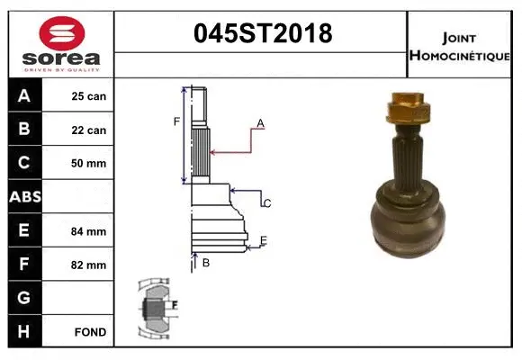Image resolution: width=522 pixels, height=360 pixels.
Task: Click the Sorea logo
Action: point(61,45)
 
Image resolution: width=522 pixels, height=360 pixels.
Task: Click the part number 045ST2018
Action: point(264,33)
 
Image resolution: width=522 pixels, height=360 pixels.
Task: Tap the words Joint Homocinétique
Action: point(460,46)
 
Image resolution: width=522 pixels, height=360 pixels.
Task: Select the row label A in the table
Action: point(24,95)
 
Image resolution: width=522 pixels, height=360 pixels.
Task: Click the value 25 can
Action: point(89,96)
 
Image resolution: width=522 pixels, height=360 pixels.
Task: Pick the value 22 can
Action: point(89,130)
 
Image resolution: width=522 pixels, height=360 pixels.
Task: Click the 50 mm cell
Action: point(89,163)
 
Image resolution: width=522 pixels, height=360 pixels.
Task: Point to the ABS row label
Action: point(24,196)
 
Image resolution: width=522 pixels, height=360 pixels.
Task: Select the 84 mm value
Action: point(89,231)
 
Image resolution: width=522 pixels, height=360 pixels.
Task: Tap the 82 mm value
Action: point(89,265)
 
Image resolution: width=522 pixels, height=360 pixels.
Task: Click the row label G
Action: point(24,298)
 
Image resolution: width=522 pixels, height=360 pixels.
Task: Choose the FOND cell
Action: point(90,332)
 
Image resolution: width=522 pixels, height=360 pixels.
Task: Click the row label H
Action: point(24,331)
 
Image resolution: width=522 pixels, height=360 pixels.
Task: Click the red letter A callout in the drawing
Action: point(260,122)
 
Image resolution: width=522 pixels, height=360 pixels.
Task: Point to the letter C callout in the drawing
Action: point(266,203)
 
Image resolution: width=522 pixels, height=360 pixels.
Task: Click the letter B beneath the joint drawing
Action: point(205,263)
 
